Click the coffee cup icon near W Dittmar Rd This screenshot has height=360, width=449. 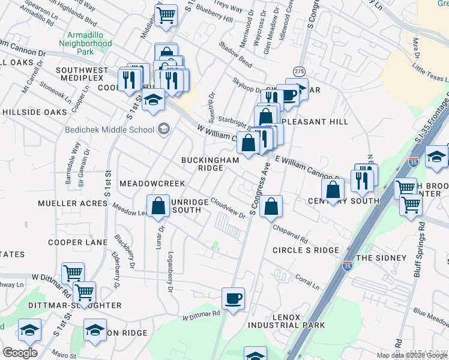[x=233, y=298]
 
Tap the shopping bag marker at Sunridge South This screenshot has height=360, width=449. [x=157, y=206]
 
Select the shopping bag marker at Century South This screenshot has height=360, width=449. [x=333, y=191]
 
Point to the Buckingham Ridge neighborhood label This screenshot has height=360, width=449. [x=211, y=164]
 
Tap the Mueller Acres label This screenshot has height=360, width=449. [x=72, y=203]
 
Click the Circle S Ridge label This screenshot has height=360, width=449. [x=306, y=250]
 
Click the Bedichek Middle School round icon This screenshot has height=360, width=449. [x=163, y=129]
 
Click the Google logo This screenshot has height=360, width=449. [x=20, y=353]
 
